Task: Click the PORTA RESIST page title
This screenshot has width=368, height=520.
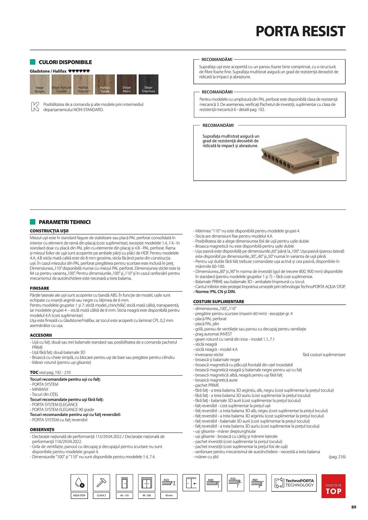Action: click(300, 31)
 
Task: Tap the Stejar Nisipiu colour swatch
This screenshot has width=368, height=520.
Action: click(40, 84)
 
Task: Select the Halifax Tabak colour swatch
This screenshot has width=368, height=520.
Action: click(105, 84)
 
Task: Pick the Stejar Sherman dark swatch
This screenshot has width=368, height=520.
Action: click(148, 84)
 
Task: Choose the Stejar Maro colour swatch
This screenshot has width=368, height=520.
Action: click(127, 84)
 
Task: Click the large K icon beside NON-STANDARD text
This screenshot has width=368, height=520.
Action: click(35, 107)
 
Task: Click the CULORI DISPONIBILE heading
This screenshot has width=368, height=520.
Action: click(65, 62)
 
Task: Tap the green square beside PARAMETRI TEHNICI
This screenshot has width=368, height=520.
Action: click(33, 222)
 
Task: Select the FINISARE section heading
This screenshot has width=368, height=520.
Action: click(40, 288)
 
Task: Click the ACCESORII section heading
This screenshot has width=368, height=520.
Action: click(41, 335)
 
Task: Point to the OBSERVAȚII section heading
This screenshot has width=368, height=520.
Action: click(42, 430)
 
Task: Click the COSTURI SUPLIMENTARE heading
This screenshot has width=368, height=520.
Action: click(218, 302)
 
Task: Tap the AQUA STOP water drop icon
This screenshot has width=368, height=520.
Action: click(79, 483)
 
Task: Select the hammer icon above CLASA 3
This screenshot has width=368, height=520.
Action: click(101, 483)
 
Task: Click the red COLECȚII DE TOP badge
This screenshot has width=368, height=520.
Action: click(333, 486)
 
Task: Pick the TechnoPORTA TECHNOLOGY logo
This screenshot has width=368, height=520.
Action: click(294, 483)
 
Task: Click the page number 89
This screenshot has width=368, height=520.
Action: click(353, 507)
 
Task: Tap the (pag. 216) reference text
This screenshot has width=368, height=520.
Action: click(337, 457)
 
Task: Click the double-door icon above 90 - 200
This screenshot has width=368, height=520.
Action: click(147, 483)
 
